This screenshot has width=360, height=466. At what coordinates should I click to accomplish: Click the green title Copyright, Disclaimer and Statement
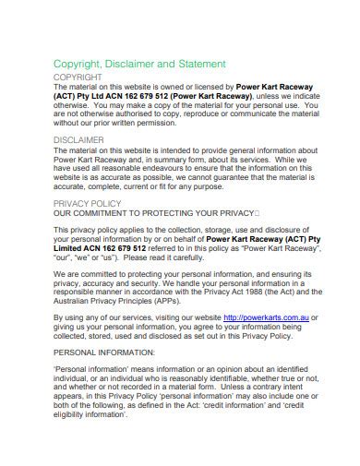click(x=139, y=64)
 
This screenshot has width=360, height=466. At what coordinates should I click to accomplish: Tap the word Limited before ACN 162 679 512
click(x=72, y=247)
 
